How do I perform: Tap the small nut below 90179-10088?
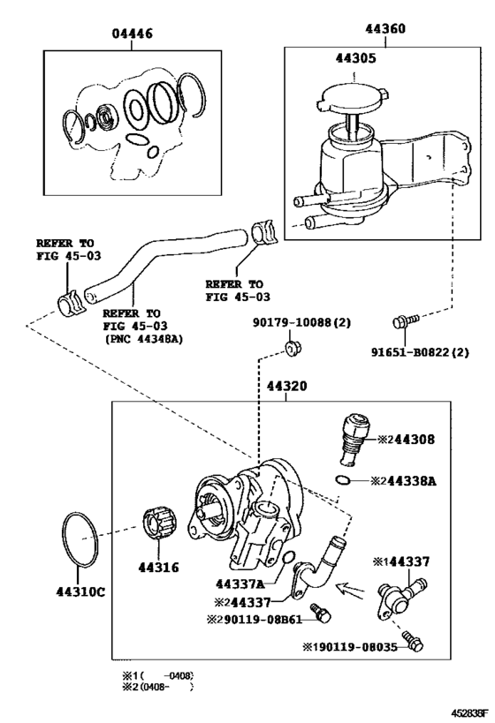(x=292, y=350)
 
